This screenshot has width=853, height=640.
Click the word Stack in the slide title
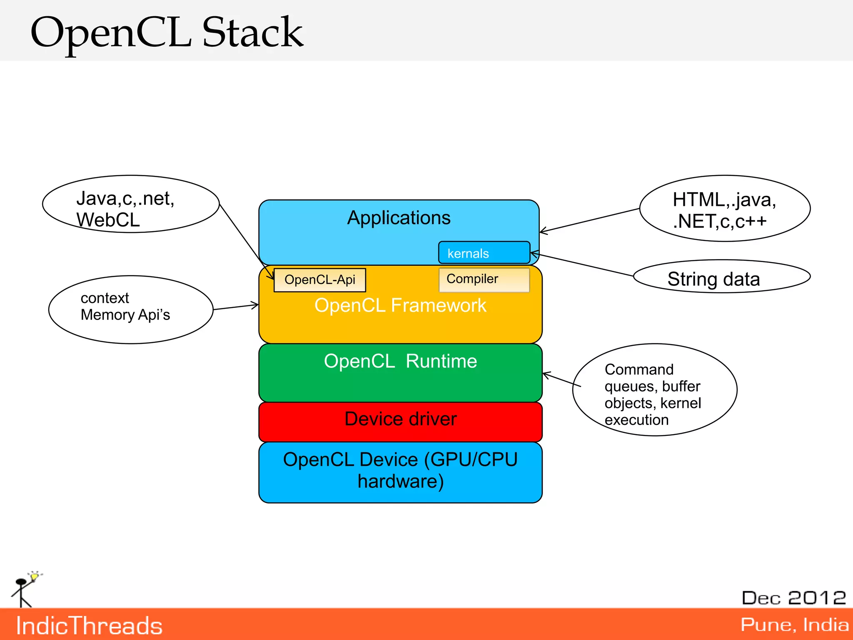[x=252, y=32]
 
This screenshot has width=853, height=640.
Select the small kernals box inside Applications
[x=484, y=253]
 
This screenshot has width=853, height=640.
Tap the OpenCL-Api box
[x=319, y=280]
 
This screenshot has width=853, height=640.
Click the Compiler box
[x=484, y=279]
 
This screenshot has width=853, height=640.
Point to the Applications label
[x=399, y=218]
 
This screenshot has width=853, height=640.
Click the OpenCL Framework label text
[x=400, y=305]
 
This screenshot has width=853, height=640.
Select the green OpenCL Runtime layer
[x=400, y=379]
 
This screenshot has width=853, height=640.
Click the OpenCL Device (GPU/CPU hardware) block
[x=400, y=472]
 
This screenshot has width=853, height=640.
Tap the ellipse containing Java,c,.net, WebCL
[x=131, y=204]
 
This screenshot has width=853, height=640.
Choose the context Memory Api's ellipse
[x=131, y=309]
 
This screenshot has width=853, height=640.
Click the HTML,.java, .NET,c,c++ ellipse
[x=725, y=208]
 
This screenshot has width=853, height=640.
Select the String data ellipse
[x=721, y=277]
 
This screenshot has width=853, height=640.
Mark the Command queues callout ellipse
[x=655, y=390]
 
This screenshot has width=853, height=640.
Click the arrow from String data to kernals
[x=583, y=265]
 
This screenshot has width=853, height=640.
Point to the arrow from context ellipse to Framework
[x=236, y=307]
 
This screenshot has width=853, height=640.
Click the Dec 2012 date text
[x=794, y=598]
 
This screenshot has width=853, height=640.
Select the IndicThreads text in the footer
[x=89, y=626]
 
